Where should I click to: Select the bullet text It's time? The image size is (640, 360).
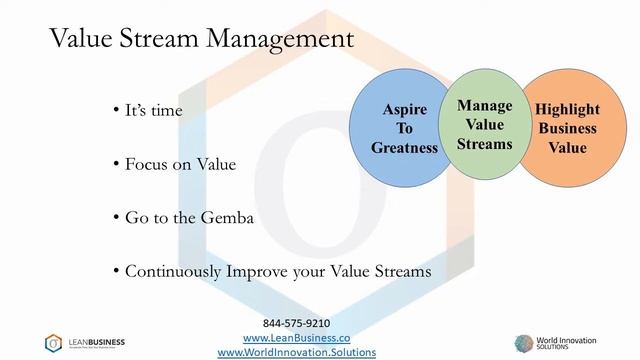click(151, 110)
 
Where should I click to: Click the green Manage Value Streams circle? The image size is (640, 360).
click(484, 125)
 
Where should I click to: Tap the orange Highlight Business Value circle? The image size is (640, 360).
click(566, 128)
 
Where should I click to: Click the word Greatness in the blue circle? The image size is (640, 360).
click(404, 148)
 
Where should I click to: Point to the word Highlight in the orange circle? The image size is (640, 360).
click(566, 109)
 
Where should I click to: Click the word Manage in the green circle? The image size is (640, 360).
click(484, 106)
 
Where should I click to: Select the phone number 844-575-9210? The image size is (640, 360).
click(296, 324)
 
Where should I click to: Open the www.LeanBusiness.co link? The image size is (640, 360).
click(296, 338)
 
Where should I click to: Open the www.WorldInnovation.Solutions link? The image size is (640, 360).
click(296, 352)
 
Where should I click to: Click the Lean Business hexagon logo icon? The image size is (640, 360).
click(54, 343)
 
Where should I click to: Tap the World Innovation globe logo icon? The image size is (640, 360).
click(526, 343)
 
